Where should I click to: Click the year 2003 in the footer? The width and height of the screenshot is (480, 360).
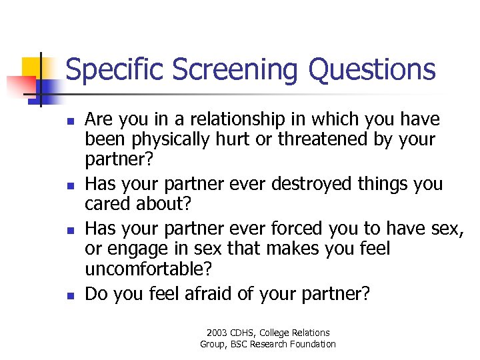point(217,333)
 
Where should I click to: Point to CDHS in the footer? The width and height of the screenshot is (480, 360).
point(246,333)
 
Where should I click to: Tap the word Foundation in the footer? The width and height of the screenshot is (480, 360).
point(313,344)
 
